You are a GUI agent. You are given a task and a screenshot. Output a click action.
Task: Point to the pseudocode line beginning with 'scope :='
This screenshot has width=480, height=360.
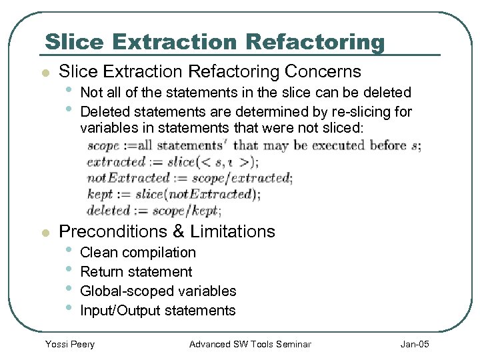click(254, 145)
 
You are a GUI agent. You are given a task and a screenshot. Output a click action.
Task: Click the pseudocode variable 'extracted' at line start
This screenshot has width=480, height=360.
click(116, 161)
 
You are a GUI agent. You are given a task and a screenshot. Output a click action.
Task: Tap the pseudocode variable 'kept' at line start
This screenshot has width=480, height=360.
click(100, 194)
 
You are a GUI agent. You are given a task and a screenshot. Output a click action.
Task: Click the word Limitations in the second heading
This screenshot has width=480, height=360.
click(233, 231)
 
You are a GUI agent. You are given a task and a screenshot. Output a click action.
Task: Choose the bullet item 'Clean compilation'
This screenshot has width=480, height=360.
click(137, 253)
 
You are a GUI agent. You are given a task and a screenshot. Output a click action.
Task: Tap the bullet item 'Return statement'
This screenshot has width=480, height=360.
click(136, 272)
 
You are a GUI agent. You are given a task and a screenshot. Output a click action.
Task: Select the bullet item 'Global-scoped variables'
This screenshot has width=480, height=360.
click(158, 291)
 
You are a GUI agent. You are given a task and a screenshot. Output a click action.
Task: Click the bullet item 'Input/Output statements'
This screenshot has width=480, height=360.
click(157, 310)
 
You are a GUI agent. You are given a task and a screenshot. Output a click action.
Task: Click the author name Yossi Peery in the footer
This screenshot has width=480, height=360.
click(69, 344)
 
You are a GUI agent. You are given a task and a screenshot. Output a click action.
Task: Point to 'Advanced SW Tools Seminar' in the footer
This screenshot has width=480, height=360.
click(250, 344)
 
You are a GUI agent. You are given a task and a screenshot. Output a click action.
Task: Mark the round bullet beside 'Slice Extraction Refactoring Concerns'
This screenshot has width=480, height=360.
click(44, 73)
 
